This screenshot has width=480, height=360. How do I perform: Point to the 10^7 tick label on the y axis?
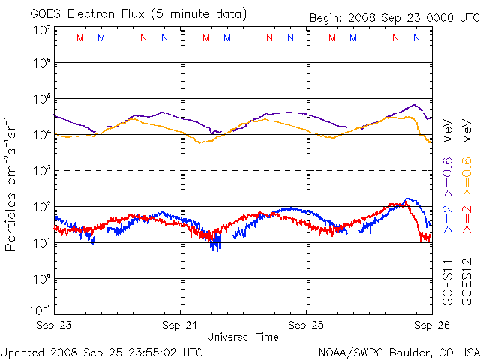(x=40, y=30)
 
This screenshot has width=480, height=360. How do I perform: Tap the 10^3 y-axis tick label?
(x=40, y=171)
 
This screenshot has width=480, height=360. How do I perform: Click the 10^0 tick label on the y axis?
(x=40, y=279)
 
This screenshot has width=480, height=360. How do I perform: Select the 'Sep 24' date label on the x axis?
(x=180, y=325)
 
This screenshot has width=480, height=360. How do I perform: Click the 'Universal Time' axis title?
(x=243, y=337)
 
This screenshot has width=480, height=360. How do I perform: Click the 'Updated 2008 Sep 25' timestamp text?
(x=101, y=351)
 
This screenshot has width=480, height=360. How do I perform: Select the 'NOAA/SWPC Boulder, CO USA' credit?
(x=398, y=351)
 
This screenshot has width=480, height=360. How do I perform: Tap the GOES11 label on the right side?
(x=448, y=282)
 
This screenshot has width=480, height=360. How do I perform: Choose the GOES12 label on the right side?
(x=466, y=282)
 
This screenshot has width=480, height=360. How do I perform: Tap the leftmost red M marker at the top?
(x=80, y=37)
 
